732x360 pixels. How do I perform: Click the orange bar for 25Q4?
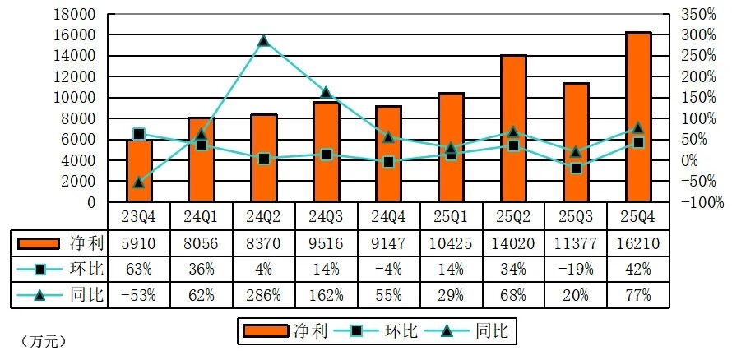638,117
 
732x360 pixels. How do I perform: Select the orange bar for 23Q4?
139,171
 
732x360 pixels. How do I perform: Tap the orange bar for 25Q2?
513,128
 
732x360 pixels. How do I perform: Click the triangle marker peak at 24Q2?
263,41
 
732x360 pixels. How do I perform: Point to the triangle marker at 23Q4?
139,182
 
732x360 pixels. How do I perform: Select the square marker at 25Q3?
576,168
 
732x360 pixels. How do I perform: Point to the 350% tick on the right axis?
697,15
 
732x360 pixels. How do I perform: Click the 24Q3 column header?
326,217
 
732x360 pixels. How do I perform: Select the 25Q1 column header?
451,217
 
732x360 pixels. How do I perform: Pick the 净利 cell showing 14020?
513,243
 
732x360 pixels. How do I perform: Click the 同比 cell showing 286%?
263,295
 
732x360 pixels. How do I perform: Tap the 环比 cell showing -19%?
576,270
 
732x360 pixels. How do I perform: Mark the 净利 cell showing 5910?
139,243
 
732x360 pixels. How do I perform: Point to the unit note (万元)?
40,340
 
